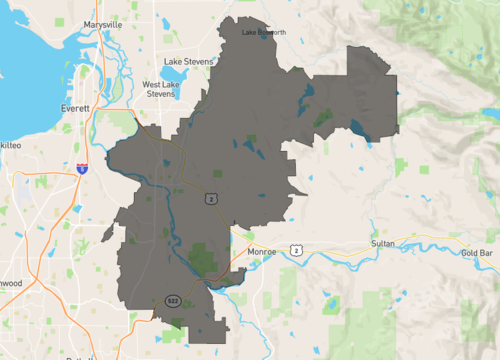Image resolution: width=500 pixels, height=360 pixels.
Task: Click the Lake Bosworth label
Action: click(x=264, y=33)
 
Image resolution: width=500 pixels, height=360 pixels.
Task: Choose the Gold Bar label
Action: click(x=477, y=253)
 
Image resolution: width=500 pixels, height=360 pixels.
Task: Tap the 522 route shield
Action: click(x=173, y=299)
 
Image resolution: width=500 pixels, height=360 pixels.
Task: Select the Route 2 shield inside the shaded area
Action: click(x=212, y=198)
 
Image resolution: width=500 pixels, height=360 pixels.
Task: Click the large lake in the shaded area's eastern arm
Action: click(x=359, y=128)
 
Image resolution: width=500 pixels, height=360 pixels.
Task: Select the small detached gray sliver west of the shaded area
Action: click(x=108, y=233)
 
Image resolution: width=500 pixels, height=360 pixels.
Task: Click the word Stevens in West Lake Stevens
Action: click(x=160, y=95)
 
